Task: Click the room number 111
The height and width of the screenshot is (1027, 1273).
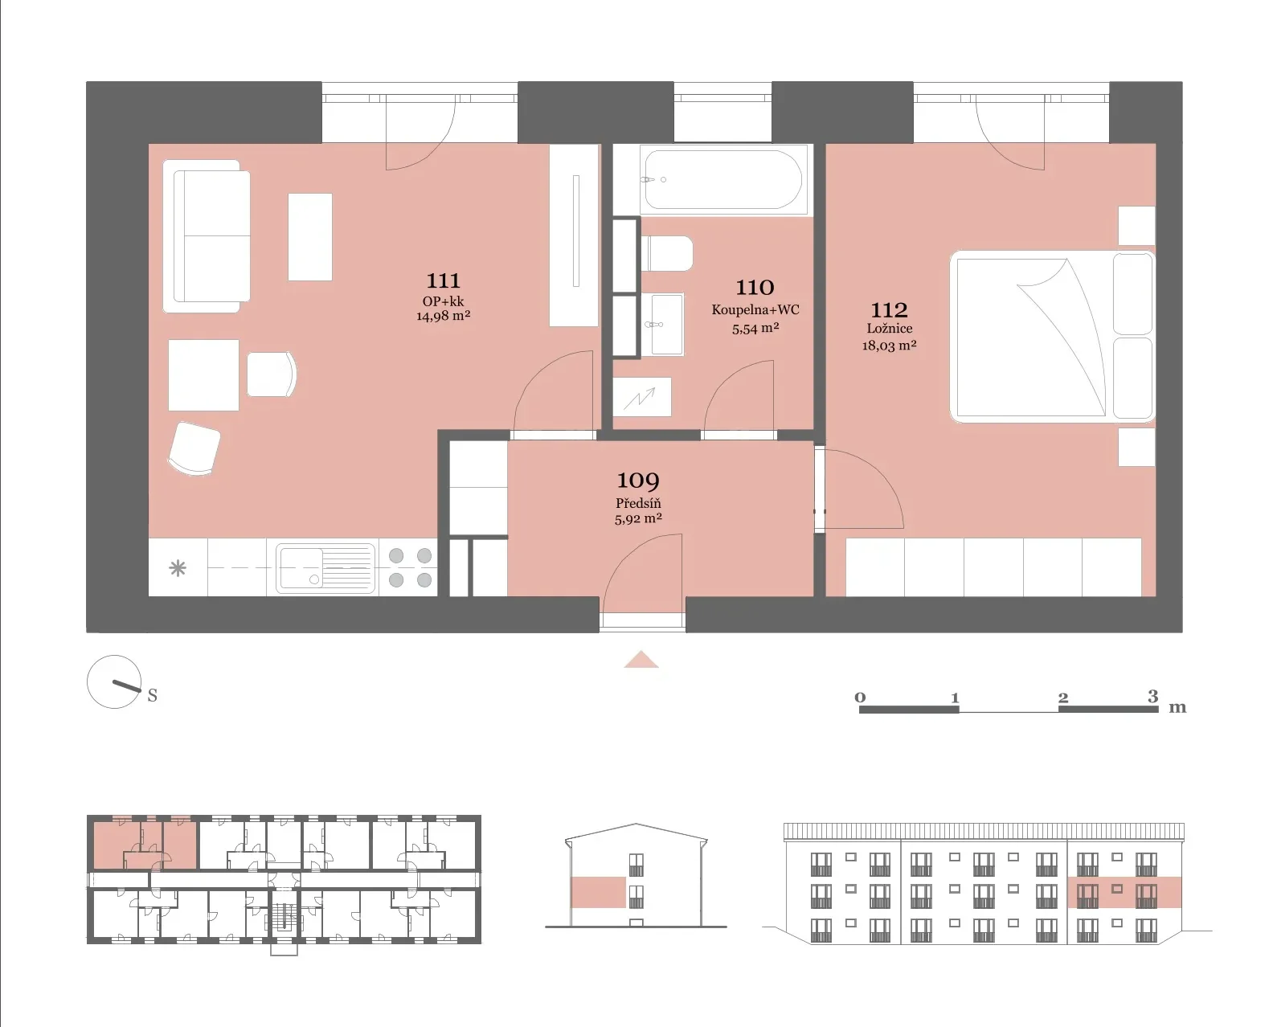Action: pos(443,280)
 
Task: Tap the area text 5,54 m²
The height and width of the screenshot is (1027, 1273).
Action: pos(755,328)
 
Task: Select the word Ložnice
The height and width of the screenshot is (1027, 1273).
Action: pos(889,329)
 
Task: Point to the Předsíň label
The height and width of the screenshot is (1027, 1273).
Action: pos(637,503)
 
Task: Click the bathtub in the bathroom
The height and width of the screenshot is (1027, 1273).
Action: pos(722,180)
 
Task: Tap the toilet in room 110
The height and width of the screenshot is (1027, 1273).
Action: pos(667,253)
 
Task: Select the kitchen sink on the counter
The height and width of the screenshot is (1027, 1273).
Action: pos(325,568)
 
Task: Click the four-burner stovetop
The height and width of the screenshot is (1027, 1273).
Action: pos(410,568)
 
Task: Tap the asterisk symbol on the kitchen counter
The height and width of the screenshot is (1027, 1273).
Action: pos(178,568)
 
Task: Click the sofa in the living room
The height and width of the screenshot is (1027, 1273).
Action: pos(207,236)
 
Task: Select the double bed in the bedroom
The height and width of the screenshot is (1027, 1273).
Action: pos(1052,336)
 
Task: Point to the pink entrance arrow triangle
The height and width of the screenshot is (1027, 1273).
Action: pos(641,660)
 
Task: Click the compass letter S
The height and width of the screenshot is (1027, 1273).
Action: pos(153,696)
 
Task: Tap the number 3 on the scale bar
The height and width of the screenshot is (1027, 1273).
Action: pos(1152,696)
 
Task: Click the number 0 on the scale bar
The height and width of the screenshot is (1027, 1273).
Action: pos(860,698)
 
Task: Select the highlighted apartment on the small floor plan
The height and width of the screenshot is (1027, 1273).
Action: pos(145,843)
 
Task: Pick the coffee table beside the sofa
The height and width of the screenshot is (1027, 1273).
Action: pos(310,236)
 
